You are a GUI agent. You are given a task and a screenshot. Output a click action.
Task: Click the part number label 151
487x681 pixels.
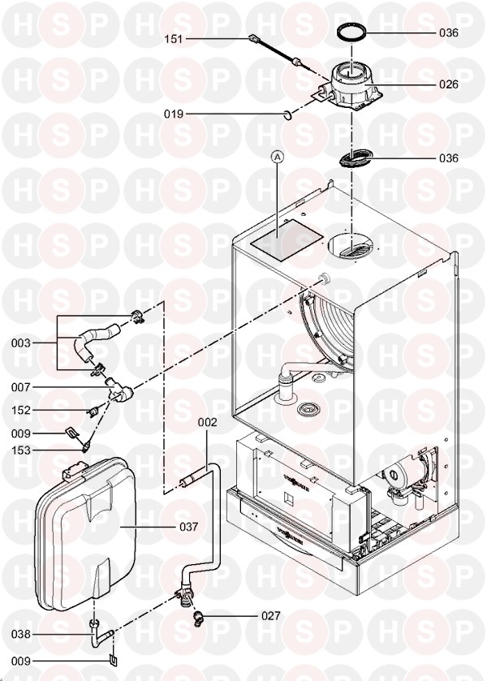tap(175, 38)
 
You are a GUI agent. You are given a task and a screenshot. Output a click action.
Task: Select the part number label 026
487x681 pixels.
tap(448, 84)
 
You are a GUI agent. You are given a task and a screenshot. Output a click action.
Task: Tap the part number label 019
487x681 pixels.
tap(175, 114)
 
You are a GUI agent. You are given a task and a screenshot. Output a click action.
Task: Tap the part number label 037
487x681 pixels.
tap(188, 527)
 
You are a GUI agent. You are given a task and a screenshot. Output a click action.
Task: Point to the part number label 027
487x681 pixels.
tap(269, 616)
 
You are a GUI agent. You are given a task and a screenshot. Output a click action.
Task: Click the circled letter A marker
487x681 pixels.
tap(278, 160)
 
